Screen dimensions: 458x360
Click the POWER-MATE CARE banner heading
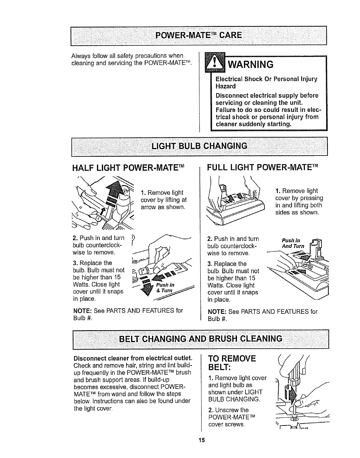pos(199,35)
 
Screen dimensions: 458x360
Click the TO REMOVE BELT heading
pos(232,363)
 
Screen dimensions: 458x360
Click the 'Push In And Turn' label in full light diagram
pos(293,243)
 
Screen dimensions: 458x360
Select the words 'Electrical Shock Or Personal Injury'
pos(266,79)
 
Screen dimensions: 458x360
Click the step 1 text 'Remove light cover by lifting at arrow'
pos(164,200)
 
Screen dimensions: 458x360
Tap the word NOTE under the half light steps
pos(82,311)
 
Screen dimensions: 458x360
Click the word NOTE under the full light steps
pos(217,312)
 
